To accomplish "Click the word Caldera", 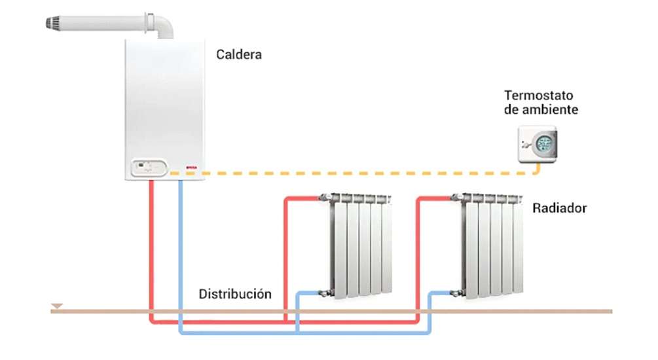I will pos(239,55).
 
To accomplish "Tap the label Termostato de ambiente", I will pos(541,102).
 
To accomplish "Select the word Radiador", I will pos(559,209).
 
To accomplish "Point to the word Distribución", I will pos(235,293).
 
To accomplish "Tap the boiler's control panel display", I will pos(146,168).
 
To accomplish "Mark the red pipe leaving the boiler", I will pos(152,249).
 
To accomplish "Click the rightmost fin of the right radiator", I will pos(518,249).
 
